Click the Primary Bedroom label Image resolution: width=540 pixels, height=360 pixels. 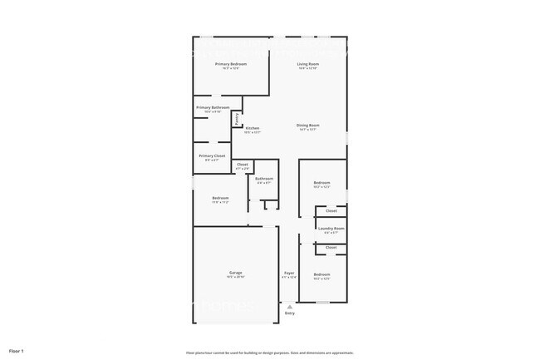tap(232, 64)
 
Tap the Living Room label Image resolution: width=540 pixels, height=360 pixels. tap(309, 64)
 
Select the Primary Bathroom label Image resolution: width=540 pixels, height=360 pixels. tap(213, 107)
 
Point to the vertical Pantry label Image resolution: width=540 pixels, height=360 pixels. tap(238, 119)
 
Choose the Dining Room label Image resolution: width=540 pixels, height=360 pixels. tap(308, 126)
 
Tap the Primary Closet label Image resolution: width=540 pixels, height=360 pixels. tap(212, 155)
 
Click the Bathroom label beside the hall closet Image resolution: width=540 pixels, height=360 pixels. tap(264, 179)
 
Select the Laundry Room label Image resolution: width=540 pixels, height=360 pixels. tap(331, 228)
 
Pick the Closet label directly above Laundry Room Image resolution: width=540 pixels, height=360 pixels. tap(331, 210)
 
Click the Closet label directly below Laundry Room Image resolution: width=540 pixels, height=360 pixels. tap(331, 248)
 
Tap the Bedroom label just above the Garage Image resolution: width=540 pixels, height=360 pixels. tap(220, 198)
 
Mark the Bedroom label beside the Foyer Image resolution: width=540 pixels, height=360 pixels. tap(322, 274)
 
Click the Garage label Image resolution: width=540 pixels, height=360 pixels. tap(236, 273)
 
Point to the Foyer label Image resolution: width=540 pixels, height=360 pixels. tap(289, 273)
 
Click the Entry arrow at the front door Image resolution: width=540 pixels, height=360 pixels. tap(289, 306)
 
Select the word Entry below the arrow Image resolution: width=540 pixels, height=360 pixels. tap(289, 313)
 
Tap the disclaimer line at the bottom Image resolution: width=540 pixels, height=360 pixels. tap(270, 352)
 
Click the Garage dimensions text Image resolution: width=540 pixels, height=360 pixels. tap(236, 277)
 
